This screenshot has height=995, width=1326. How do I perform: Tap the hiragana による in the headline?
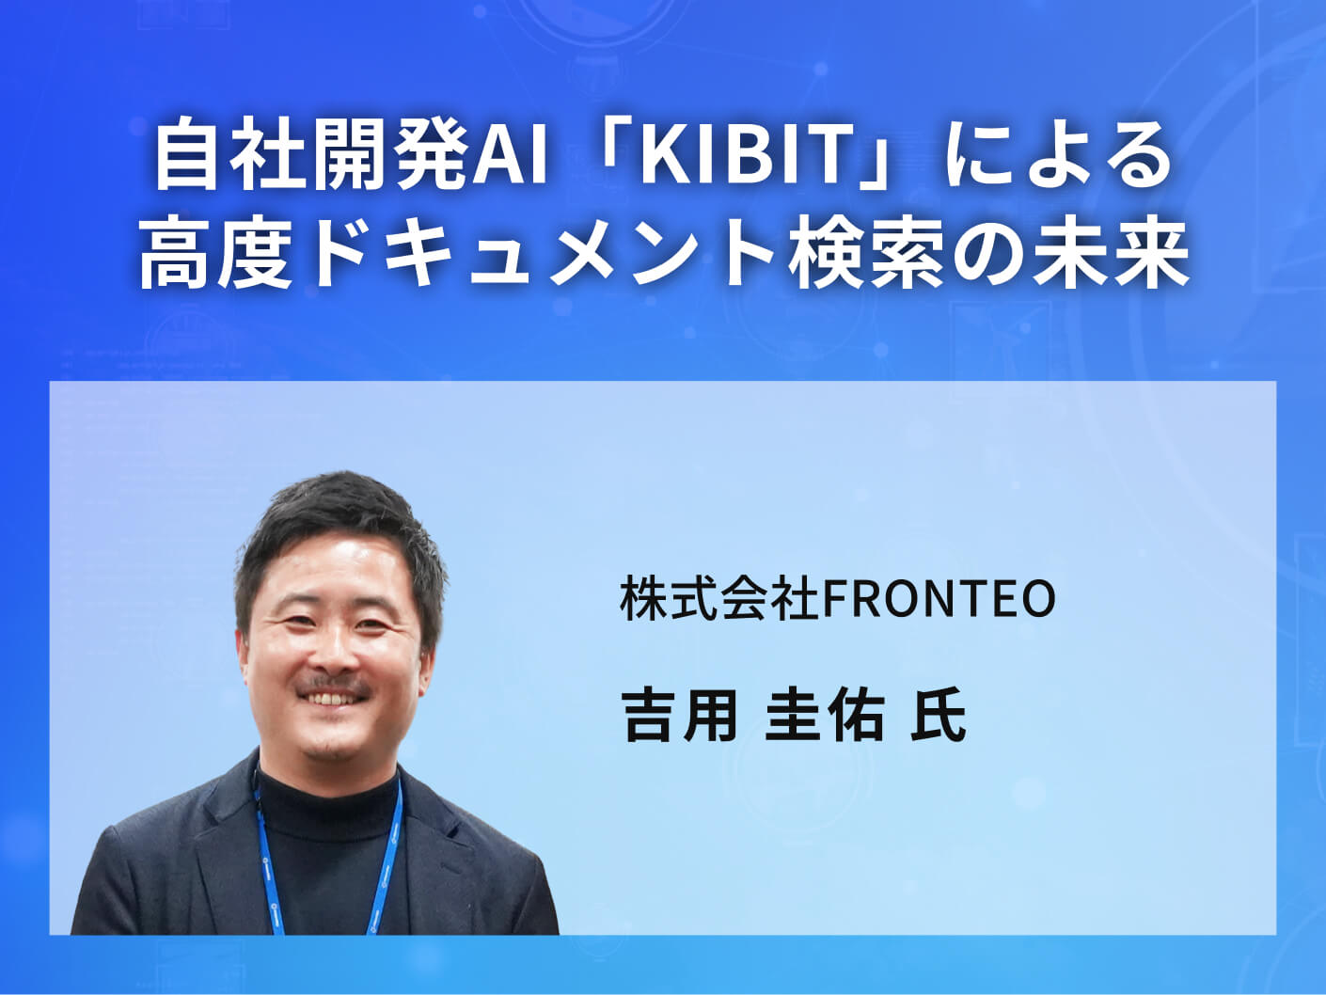pyautogui.click(x=1057, y=158)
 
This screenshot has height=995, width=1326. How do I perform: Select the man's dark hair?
pyautogui.click(x=339, y=531)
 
